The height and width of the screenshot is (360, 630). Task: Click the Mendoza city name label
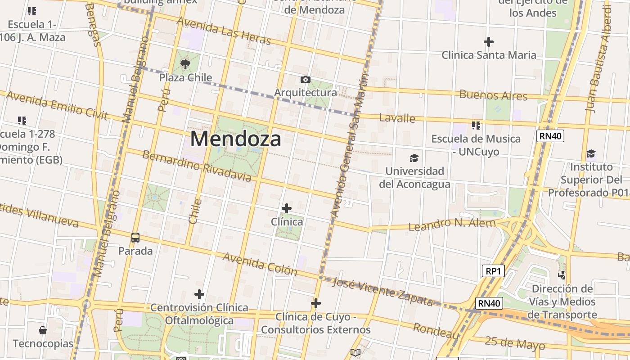pyautogui.click(x=235, y=139)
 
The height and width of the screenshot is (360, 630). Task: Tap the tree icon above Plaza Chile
pyautogui.click(x=185, y=64)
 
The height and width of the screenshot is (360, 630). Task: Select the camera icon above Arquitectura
pyautogui.click(x=306, y=80)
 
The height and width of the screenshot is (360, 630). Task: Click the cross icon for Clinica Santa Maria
pyautogui.click(x=489, y=42)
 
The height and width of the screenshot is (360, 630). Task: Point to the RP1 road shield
pyautogui.click(x=493, y=271)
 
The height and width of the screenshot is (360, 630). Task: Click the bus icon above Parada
pyautogui.click(x=135, y=237)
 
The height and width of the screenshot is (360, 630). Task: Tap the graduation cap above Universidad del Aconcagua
pyautogui.click(x=414, y=158)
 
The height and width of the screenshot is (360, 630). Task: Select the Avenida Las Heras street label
pyautogui.click(x=224, y=31)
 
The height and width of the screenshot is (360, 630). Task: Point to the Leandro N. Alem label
pyautogui.click(x=452, y=224)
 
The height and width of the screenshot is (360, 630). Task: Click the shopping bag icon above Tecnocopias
pyautogui.click(x=43, y=330)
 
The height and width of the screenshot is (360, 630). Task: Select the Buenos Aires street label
pyautogui.click(x=493, y=95)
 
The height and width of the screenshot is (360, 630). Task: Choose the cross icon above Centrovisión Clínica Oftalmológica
pyautogui.click(x=199, y=294)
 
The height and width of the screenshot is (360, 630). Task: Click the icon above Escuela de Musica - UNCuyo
pyautogui.click(x=476, y=125)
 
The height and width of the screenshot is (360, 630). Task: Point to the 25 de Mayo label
pyautogui.click(x=514, y=343)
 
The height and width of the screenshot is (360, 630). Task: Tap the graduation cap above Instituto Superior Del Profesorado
pyautogui.click(x=591, y=153)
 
